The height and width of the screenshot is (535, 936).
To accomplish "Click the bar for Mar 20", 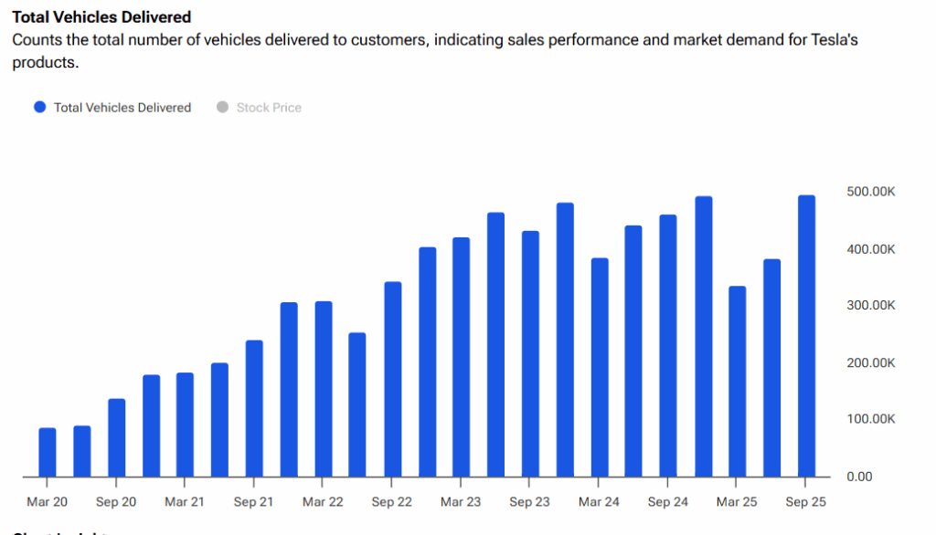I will coord(48,452).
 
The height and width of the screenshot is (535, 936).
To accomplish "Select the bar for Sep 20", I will coord(116,437).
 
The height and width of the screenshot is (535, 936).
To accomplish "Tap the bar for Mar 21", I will coord(185,425).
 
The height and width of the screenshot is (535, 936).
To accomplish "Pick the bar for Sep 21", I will coord(254,408).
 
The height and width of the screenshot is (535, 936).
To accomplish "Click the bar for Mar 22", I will coord(323,389).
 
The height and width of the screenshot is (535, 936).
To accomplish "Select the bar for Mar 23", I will coord(461,357).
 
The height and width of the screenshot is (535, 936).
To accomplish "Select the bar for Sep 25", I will coord(806,336).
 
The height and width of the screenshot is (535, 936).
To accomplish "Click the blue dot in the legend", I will coord(39,108).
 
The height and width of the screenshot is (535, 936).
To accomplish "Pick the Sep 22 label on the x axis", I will coord(392,502).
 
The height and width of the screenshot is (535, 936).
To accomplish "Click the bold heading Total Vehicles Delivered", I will coord(101,17).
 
